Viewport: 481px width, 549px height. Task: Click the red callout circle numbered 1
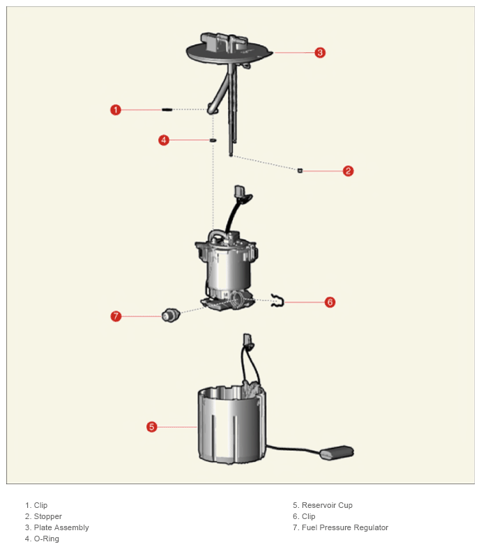click(x=116, y=110)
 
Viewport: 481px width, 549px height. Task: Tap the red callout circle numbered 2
click(x=348, y=171)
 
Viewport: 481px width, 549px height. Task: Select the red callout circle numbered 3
click(x=320, y=53)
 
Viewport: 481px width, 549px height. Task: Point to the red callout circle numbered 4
click(x=164, y=141)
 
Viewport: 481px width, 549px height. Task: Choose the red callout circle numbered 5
click(x=152, y=427)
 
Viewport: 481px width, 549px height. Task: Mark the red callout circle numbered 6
click(x=330, y=302)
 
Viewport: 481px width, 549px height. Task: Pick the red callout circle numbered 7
click(x=116, y=316)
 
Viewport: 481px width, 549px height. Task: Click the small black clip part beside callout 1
click(x=167, y=109)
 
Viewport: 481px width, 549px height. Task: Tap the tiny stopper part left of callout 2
click(x=300, y=171)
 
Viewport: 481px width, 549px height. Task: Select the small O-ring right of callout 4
click(x=213, y=141)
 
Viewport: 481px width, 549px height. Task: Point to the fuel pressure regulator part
click(x=171, y=316)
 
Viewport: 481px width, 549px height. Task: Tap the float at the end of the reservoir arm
click(x=337, y=453)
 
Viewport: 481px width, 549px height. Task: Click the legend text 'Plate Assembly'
click(x=61, y=527)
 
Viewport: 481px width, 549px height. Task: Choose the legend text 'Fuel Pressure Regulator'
click(x=345, y=527)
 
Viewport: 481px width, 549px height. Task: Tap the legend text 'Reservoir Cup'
click(x=327, y=505)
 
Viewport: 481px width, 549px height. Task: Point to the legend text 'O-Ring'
click(x=47, y=539)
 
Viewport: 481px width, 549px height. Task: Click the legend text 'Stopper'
click(x=48, y=516)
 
